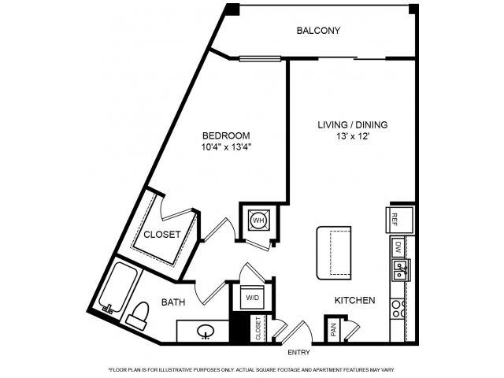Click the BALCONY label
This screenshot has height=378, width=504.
click(x=318, y=31)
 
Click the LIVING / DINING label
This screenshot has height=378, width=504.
click(x=352, y=125)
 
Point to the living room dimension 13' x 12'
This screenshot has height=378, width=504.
click(x=352, y=137)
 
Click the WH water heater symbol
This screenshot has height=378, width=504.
click(x=258, y=220)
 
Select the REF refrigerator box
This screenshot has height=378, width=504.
click(x=398, y=219)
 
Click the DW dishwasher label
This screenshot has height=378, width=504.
click(x=398, y=247)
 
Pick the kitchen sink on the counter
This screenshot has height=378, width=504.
click(x=399, y=272)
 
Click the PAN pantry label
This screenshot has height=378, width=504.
click(x=334, y=330)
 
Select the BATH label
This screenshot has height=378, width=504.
click(x=172, y=302)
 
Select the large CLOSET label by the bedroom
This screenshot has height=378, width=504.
click(x=161, y=235)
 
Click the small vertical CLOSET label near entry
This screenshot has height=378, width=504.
click(x=258, y=329)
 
